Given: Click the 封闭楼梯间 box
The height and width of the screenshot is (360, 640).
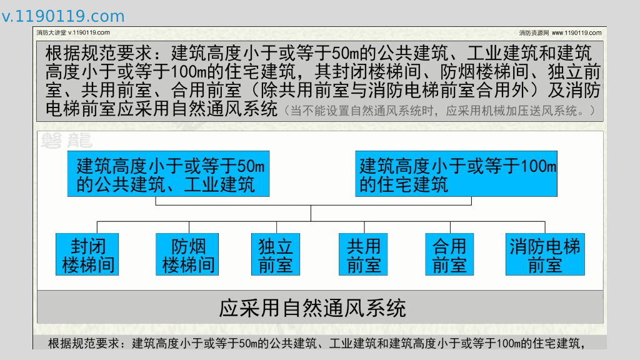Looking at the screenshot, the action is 87,254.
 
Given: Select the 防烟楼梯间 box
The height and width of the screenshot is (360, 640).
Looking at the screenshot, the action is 187,254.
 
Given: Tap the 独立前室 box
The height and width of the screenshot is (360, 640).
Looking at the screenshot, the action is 276,254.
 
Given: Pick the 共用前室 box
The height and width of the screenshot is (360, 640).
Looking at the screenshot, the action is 363,254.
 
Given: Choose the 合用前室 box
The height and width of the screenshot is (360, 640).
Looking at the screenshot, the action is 449,254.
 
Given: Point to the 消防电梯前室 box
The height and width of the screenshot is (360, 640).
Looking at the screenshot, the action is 545,254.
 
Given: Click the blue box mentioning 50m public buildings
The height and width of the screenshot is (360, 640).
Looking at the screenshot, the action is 169,174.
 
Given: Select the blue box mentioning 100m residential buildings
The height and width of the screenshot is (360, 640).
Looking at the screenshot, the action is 456,174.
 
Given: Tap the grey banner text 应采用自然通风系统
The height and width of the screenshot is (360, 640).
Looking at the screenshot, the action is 312,308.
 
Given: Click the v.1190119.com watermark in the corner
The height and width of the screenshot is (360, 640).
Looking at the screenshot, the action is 63,16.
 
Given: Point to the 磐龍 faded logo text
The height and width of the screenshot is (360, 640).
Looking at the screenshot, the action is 66,141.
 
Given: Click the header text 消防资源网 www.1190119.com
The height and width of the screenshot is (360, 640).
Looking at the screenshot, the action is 560,32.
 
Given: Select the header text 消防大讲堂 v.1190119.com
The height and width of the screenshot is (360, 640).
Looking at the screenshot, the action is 73,32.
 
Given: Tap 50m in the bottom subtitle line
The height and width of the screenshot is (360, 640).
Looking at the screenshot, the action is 248,343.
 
